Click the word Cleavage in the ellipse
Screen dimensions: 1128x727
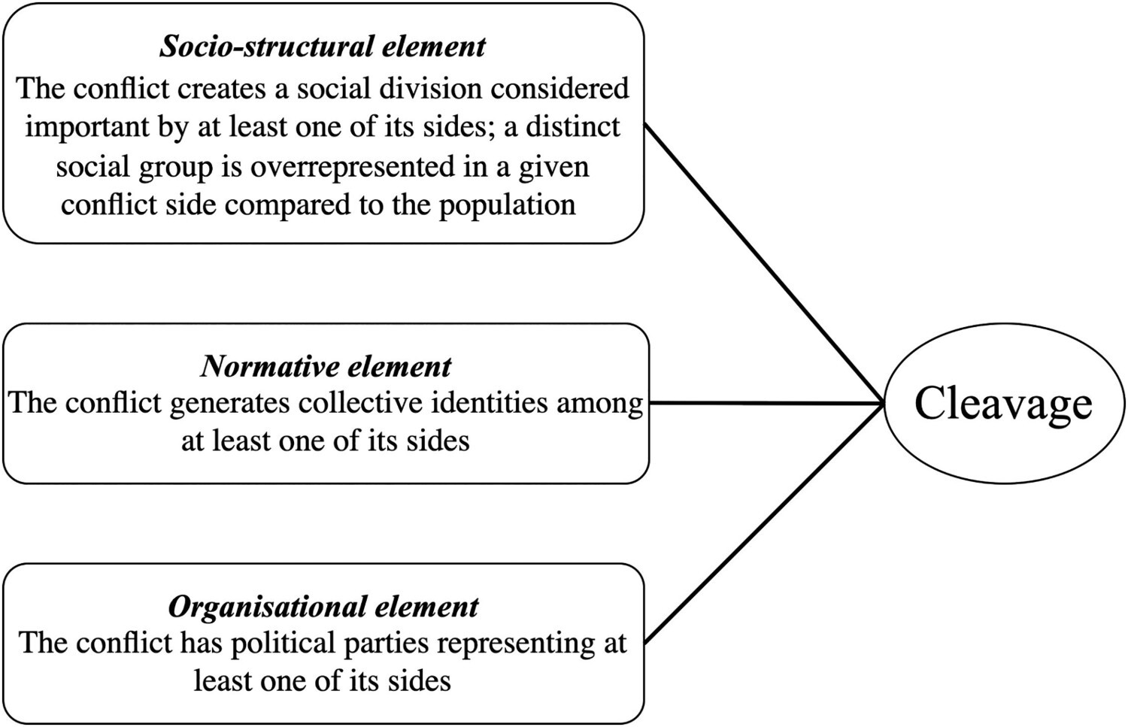click(x=1003, y=404)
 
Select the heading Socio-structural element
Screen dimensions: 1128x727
click(x=323, y=47)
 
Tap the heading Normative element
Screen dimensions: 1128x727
click(x=326, y=367)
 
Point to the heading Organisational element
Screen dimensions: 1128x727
click(x=323, y=607)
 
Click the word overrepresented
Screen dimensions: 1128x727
click(x=352, y=167)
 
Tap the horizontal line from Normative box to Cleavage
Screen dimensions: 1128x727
click(x=766, y=403)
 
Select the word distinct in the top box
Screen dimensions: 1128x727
click(x=573, y=127)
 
